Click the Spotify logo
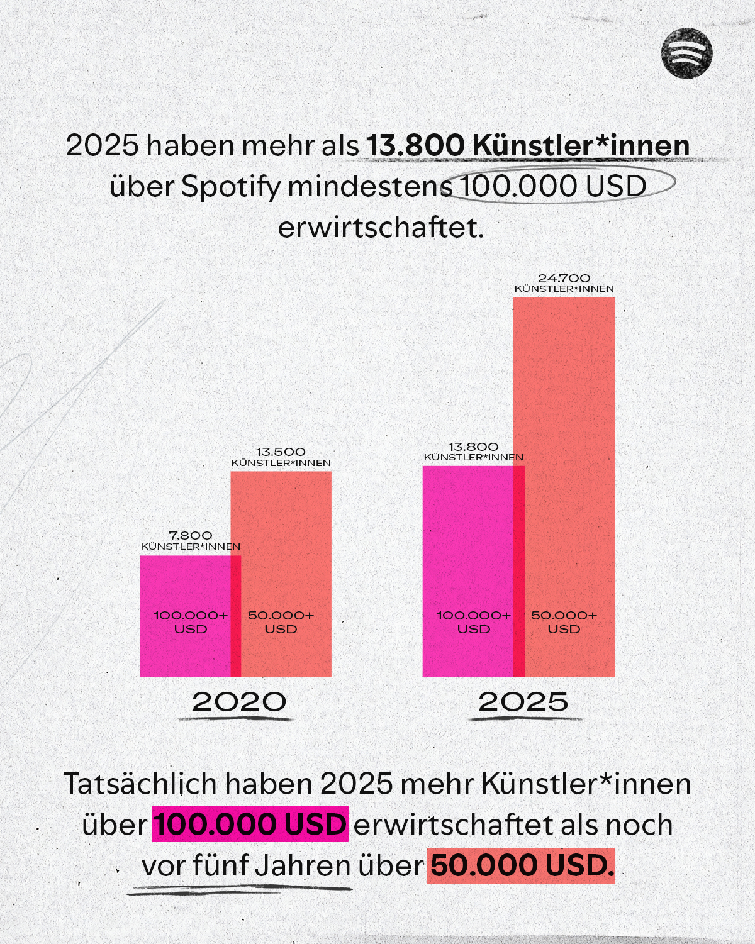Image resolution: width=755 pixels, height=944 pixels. coord(686,53)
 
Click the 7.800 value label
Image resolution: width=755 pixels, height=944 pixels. coord(190,535)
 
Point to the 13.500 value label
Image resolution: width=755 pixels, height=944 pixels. coord(281,452)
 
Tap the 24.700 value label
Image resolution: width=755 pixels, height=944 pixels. coord(564,278)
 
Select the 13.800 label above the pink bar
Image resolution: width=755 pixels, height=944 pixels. coord(473,447)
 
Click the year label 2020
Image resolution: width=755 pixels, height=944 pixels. coord(239,702)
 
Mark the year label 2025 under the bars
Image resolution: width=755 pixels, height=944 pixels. coord(523,702)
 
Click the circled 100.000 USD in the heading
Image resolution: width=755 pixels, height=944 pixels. coord(553,186)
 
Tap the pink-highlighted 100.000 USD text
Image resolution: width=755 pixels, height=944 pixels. coord(250,825)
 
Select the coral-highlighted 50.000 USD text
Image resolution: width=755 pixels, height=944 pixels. coord(521,865)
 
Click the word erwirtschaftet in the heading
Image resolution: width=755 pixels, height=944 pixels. coord(381,228)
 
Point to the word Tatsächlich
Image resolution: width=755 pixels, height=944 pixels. coord(140,784)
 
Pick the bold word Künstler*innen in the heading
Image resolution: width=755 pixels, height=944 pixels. coord(581,145)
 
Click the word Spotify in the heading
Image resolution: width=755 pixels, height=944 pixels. coord(230,187)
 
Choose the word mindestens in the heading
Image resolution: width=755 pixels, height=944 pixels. coord(370,187)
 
